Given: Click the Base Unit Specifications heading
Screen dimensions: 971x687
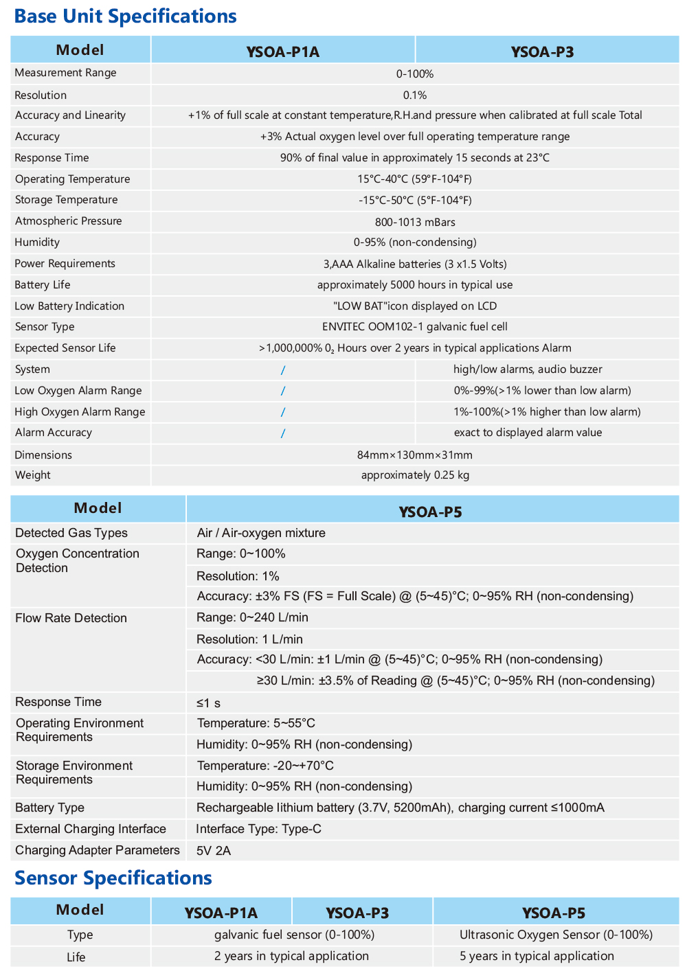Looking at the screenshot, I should click(125, 16).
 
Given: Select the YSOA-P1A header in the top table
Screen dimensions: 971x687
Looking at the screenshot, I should click(282, 52).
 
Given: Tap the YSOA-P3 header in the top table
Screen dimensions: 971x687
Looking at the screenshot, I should click(542, 52).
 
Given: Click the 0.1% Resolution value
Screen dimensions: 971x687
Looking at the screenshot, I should click(415, 95).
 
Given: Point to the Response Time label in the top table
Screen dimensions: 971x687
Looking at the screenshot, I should click(52, 158).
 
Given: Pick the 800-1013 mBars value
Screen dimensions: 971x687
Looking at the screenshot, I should click(415, 222).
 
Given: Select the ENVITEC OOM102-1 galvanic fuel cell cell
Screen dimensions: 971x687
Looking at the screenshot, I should click(415, 327).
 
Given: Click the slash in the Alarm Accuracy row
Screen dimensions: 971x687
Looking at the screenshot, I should click(282, 433).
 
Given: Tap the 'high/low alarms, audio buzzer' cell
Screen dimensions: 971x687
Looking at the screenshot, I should click(528, 369).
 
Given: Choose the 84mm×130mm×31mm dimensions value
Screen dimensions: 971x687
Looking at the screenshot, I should click(415, 455).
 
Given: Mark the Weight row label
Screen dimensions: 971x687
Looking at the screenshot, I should click(33, 475).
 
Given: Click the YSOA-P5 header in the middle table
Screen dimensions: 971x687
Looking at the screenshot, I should click(431, 512).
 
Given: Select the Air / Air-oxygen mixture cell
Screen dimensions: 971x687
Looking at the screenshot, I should click(261, 533).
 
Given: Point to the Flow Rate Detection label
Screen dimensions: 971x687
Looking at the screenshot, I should click(71, 618).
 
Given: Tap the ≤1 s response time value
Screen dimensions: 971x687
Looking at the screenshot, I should click(208, 703).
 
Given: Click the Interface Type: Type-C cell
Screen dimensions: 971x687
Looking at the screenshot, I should click(258, 829).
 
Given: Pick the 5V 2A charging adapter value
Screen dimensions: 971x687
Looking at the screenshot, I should click(214, 851).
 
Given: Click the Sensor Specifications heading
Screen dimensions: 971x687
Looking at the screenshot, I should click(113, 878).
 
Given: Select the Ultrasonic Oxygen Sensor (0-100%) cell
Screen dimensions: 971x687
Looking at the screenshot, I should click(556, 935).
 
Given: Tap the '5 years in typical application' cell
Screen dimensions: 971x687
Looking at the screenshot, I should click(537, 956).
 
